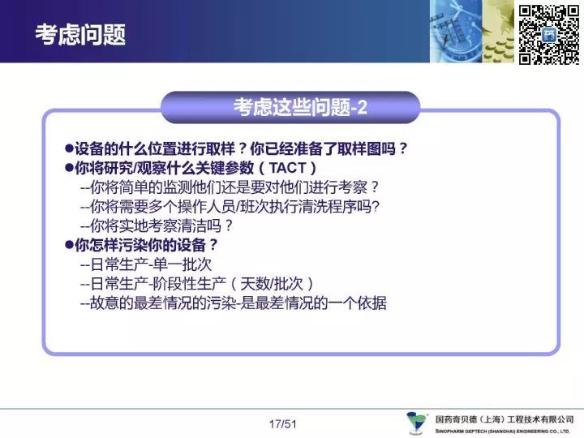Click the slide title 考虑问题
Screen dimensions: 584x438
(80, 35)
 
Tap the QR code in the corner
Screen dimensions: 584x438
(549, 34)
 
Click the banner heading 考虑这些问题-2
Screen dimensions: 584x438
(300, 107)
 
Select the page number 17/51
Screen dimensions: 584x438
(283, 424)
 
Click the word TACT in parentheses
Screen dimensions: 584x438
(287, 168)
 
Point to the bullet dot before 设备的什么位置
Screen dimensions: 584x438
(69, 148)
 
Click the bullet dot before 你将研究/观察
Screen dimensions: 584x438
(69, 168)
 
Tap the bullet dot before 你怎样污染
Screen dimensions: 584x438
(69, 245)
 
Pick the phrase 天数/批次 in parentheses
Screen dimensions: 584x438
(271, 284)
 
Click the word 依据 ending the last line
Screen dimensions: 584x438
(371, 303)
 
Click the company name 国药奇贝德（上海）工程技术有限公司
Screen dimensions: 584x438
(505, 419)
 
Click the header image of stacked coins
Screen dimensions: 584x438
(498, 32)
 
